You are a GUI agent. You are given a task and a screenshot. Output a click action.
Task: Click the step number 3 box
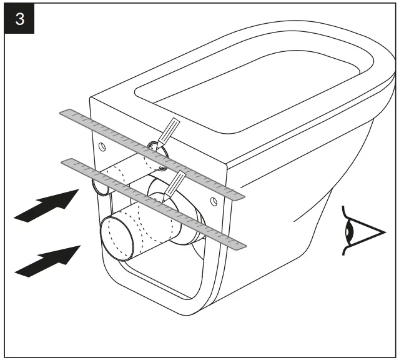20,19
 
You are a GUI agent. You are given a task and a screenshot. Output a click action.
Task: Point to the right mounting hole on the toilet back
214,201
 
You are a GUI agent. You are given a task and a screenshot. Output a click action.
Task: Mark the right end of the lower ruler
243,246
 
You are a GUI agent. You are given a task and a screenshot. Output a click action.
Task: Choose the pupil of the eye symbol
352,231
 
